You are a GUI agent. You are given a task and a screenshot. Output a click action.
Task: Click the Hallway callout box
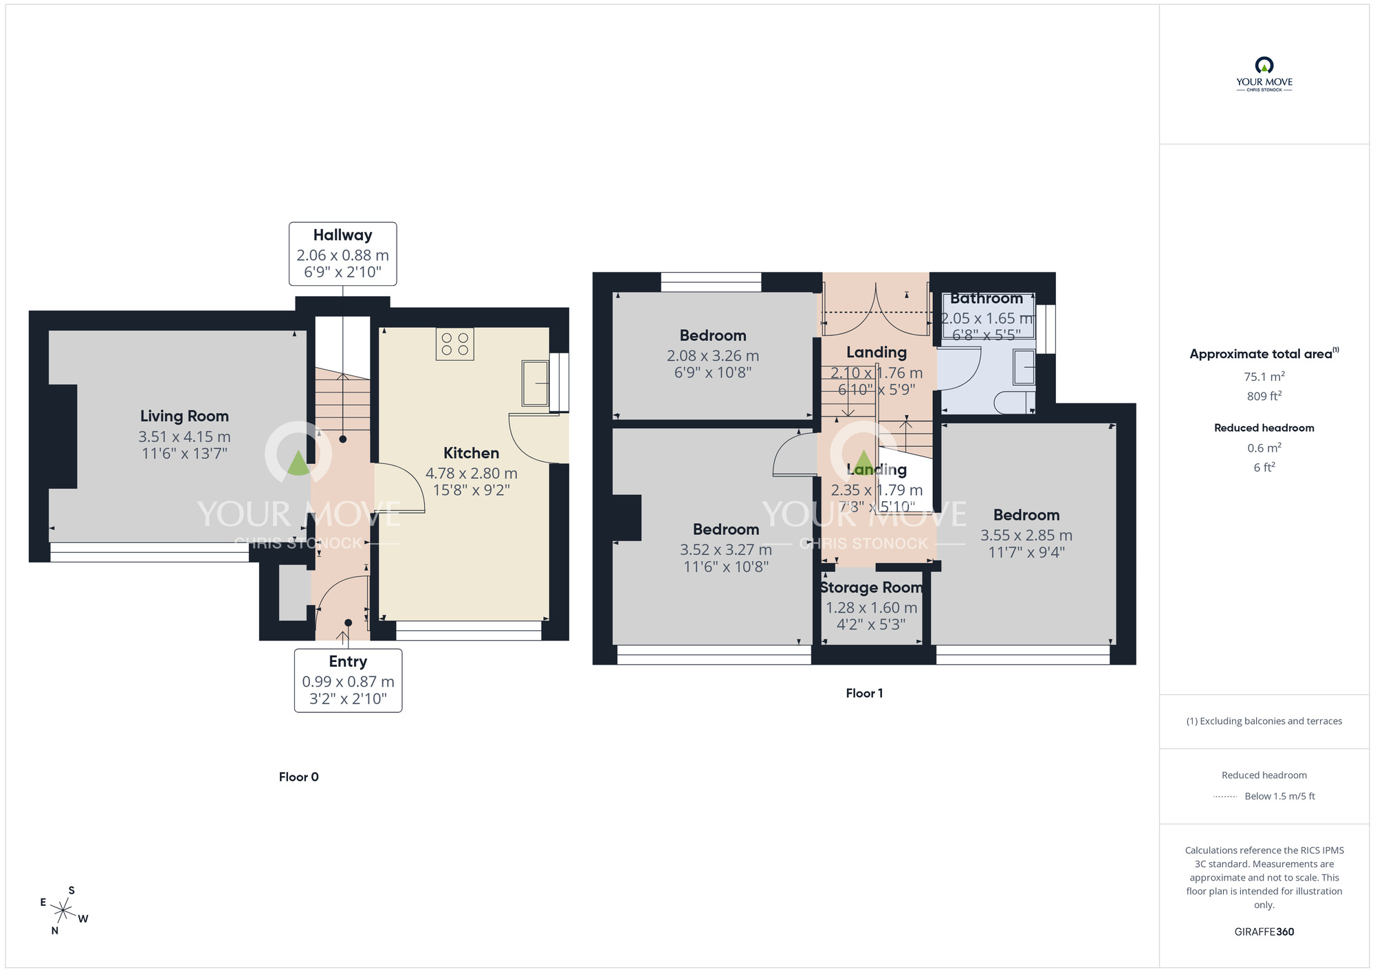pos(342,254)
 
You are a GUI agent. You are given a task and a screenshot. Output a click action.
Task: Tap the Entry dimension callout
pos(348,680)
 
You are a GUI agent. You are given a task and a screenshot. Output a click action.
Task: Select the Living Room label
pos(184,416)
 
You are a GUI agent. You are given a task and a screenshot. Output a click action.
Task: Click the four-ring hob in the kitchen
pos(454,344)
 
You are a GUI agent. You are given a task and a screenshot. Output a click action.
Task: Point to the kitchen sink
pos(535,383)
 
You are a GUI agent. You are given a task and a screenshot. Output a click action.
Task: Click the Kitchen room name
pos(471,453)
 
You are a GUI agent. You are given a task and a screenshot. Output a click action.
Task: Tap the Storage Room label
pos(871,588)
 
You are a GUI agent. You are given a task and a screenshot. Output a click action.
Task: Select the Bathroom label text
pos(987,298)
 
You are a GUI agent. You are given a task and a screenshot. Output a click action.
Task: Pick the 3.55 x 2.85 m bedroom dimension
pos(1026,535)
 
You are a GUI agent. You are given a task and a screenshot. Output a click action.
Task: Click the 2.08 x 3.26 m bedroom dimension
pos(713,356)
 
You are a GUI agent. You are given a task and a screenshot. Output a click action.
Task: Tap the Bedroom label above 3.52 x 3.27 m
pos(726,529)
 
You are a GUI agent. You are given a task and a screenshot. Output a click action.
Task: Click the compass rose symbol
pos(63,912)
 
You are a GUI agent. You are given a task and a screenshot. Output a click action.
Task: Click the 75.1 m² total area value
pos(1264,377)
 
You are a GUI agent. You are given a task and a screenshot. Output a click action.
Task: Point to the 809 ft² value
pos(1264,396)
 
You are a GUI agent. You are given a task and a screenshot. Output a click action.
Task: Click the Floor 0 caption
pos(298,777)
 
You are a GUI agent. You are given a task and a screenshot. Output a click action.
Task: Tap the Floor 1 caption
pos(864,693)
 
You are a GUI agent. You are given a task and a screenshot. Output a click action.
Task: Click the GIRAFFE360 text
pos(1264,932)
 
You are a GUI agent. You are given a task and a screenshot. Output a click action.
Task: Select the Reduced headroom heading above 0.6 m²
pos(1264,428)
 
